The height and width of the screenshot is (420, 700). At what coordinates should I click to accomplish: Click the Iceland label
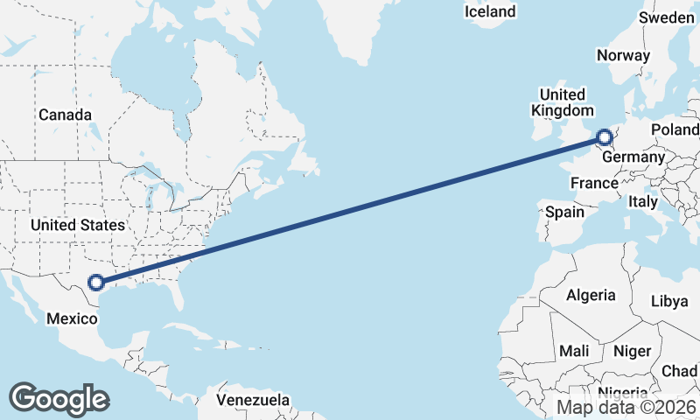click(490, 11)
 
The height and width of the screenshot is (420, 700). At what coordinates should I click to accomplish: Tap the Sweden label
click(667, 17)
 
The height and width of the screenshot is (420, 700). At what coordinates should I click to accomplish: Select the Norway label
click(623, 55)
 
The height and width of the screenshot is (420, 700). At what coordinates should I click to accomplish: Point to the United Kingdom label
click(563, 102)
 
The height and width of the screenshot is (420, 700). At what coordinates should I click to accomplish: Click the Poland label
click(675, 129)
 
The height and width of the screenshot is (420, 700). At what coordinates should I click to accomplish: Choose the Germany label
click(634, 156)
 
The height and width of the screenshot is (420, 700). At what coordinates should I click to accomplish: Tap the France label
click(594, 183)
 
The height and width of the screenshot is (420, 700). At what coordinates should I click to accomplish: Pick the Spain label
click(564, 212)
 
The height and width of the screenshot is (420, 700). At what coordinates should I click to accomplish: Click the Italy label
click(643, 201)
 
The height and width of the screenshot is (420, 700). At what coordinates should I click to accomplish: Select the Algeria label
click(591, 295)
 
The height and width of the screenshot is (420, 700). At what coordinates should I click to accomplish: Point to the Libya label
click(669, 301)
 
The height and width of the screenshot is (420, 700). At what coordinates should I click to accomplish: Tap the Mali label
click(574, 351)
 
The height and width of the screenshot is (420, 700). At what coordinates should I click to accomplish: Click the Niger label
click(633, 351)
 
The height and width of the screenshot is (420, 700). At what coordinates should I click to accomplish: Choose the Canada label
click(65, 115)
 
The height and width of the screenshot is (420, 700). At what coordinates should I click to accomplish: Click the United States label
click(77, 225)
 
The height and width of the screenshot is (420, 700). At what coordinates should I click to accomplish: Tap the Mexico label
click(70, 318)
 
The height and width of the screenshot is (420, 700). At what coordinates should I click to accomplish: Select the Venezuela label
click(253, 400)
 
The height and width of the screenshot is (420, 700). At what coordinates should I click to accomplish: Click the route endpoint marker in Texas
click(96, 282)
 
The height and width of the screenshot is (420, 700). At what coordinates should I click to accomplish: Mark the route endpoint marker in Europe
click(605, 136)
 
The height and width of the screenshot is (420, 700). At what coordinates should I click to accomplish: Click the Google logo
click(59, 398)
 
